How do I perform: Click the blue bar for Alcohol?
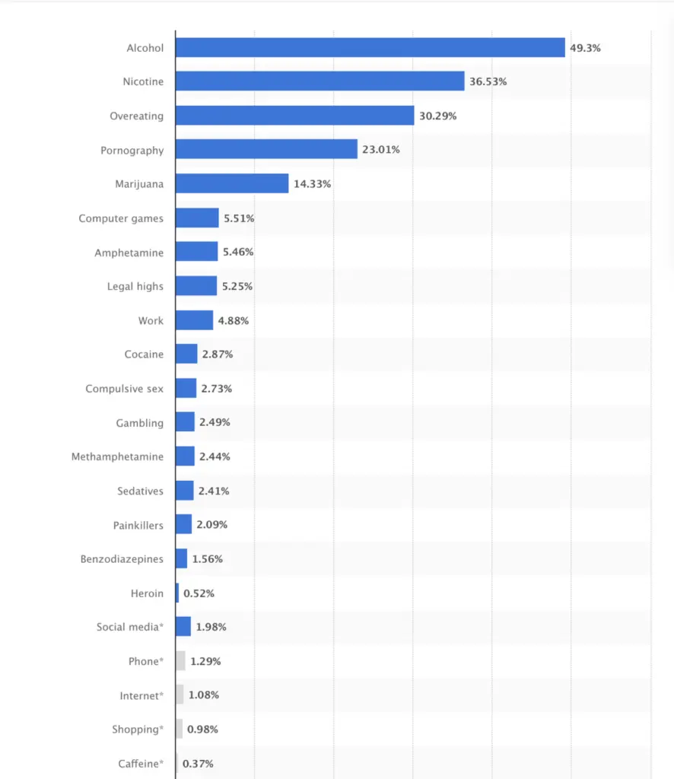(370, 47)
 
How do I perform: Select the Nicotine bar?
(320, 81)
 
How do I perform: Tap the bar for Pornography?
(266, 150)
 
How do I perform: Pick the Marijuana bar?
(232, 184)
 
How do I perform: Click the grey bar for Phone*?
(180, 661)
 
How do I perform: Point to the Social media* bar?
(183, 627)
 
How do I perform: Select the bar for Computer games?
(197, 218)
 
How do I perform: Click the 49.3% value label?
(585, 48)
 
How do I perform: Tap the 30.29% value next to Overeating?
(437, 116)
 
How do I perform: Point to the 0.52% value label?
(199, 593)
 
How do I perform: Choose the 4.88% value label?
(234, 321)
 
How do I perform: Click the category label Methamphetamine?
(117, 456)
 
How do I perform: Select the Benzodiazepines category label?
(122, 559)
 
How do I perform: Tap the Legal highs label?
(135, 287)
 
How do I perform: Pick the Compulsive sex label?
(124, 389)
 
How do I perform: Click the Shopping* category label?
(138, 730)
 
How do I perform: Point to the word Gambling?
(140, 423)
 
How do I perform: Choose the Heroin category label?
(147, 593)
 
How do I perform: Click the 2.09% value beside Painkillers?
(212, 525)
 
